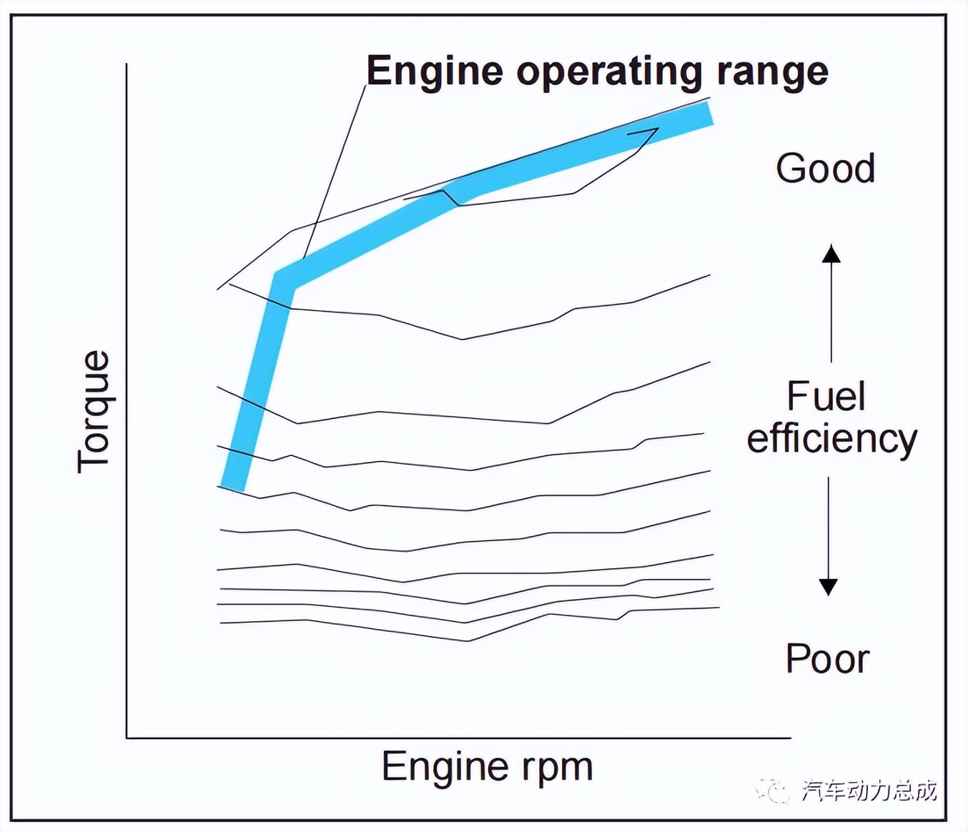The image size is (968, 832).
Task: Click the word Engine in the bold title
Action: coord(435,71)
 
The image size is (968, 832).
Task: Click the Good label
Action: coord(825,169)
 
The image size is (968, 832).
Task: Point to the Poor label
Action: coord(827,658)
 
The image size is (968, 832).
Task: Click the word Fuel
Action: coord(826,397)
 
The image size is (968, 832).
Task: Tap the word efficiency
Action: coord(831,438)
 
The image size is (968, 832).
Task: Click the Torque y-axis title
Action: coord(94,412)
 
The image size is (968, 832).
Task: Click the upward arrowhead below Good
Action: coord(831,253)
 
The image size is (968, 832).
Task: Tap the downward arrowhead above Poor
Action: coord(828,586)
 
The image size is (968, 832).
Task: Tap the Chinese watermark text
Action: coord(869,791)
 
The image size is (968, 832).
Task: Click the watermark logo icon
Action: coord(773,791)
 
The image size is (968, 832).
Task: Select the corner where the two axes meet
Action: coord(127,737)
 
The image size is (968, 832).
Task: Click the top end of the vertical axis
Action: coord(127,64)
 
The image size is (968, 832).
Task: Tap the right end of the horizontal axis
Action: coord(790,737)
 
